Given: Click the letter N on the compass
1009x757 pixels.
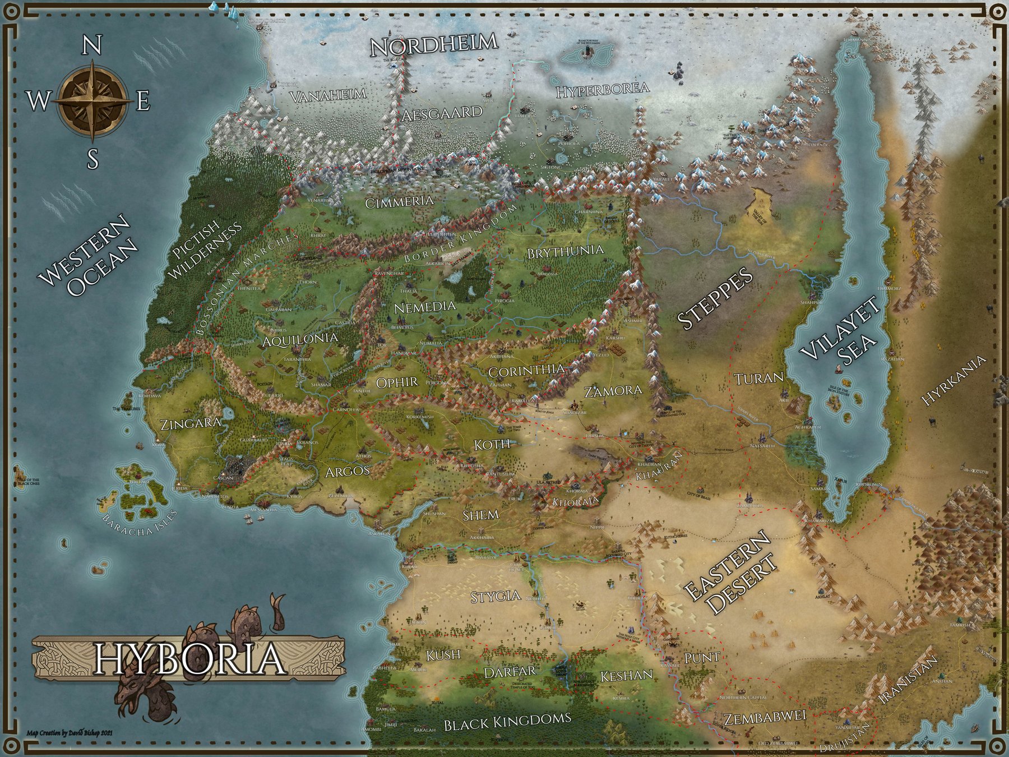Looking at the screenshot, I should pos(91,45).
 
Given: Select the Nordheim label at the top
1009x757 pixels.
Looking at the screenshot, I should pos(434,44).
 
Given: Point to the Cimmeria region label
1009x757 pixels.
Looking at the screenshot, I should pos(399,202).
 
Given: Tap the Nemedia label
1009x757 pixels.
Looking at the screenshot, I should pos(425,307).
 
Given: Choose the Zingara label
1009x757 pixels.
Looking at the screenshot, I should pos(188,424).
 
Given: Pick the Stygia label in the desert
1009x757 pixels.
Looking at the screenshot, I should pos(495,596).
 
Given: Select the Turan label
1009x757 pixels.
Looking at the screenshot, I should pos(758,378).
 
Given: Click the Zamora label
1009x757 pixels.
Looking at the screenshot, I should pos(613,391).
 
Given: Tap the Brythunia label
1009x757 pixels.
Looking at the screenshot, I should pos(565,251).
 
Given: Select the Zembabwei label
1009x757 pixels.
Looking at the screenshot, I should pos(764,717).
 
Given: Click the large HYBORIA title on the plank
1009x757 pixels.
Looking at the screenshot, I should pos(189,659).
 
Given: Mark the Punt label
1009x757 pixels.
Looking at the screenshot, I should pos(702,657).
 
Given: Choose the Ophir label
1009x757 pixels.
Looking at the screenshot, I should pos(397,382).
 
